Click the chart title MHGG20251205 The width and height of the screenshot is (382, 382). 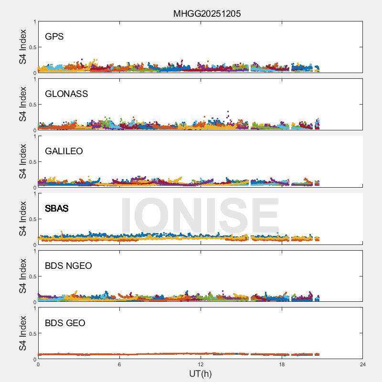tap(207, 13)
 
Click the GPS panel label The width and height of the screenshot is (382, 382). tap(54, 37)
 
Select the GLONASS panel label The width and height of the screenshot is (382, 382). tap(66, 94)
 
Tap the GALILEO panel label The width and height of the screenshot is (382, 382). tap(64, 151)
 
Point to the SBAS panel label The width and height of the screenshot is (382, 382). tap(57, 209)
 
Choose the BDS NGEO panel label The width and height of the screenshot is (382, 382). tap(68, 266)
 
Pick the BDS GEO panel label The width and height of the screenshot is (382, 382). tap(65, 323)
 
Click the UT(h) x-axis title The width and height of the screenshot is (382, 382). tap(200, 373)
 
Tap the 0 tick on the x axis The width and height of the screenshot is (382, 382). tap(38, 364)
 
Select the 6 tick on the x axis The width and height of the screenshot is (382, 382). tap(119, 364)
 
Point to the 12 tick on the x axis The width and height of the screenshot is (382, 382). tap(201, 364)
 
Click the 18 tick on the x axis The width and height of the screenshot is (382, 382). tap(282, 364)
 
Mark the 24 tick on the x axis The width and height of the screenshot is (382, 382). tap(363, 364)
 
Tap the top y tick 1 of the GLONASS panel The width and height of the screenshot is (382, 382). tap(34, 79)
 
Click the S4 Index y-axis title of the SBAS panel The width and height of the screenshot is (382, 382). tap(23, 219)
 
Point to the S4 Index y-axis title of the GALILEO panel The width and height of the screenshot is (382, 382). tap(23, 161)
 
